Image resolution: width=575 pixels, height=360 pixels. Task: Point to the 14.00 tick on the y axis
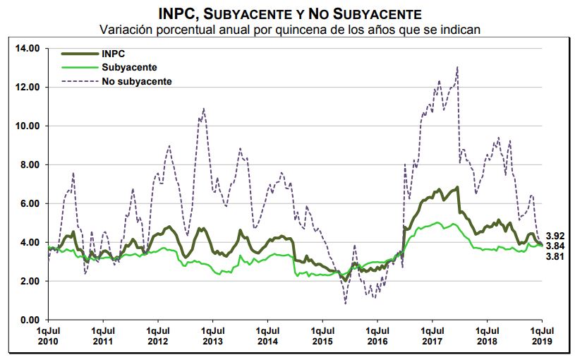(28, 48)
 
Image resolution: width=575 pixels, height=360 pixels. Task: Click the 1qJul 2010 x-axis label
(49, 335)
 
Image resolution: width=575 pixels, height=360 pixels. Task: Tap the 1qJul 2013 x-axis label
(212, 335)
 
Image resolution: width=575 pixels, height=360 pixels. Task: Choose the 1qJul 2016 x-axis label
(377, 335)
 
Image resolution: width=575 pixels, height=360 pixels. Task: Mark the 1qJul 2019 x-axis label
(541, 335)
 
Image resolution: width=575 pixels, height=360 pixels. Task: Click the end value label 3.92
(555, 235)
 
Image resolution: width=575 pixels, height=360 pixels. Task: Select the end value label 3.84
(555, 245)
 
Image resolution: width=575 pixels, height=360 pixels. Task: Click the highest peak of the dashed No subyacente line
(458, 68)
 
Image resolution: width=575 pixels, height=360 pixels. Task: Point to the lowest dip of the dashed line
(346, 303)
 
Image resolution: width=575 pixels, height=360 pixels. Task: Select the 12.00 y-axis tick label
(28, 87)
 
